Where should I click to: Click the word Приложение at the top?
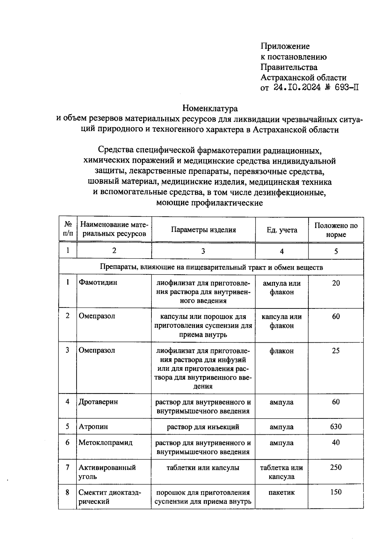(x=285, y=46)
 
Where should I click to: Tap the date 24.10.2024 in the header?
(x=297, y=88)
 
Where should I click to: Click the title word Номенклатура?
(x=210, y=109)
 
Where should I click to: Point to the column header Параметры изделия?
(x=203, y=230)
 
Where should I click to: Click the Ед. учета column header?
(x=282, y=230)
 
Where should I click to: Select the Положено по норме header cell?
(x=336, y=230)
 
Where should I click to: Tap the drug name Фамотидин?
(x=98, y=282)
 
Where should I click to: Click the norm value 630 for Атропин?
(x=336, y=426)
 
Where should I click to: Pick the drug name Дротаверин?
(x=98, y=402)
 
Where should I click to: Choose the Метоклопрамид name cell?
(x=105, y=442)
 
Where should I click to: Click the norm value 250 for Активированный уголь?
(x=336, y=467)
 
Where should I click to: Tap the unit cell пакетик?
(x=282, y=492)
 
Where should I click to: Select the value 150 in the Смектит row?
(x=336, y=492)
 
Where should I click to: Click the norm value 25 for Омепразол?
(x=336, y=351)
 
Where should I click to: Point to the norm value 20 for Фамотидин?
(x=336, y=283)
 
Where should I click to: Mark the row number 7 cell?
(x=67, y=467)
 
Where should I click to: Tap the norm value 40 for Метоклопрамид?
(x=336, y=442)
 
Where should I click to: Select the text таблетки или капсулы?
(x=203, y=468)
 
